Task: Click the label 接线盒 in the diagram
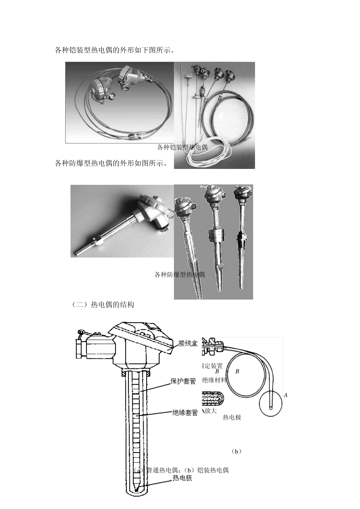coord(188,344)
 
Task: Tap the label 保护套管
coord(183,381)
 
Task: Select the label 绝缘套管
coord(185,413)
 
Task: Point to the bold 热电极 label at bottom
coord(182,478)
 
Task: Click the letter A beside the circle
coord(286,395)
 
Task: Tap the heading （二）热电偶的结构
coord(103,305)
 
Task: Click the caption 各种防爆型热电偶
coord(180,275)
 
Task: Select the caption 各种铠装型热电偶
coord(182,147)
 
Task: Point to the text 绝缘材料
coord(214,380)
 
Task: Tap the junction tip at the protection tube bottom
coord(136,490)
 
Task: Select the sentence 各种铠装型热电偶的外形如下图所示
coord(114,50)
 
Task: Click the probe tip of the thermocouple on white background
coord(77,252)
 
